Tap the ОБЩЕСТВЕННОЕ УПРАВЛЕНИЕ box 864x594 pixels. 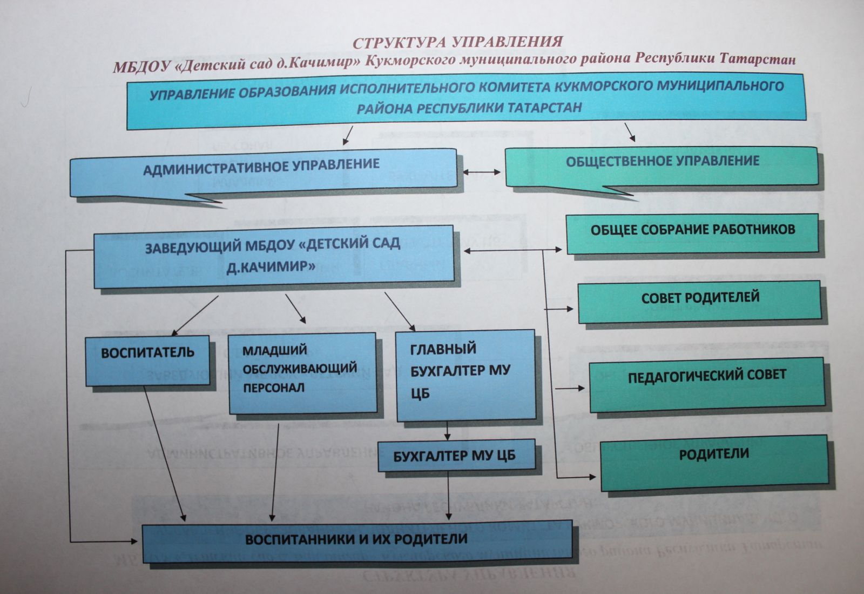662,165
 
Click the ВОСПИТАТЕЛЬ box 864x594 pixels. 147,360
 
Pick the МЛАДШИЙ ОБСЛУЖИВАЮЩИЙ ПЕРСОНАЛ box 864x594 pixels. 302,372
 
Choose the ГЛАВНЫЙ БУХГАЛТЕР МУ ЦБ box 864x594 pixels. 465,376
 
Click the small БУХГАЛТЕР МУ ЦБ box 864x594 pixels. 456,455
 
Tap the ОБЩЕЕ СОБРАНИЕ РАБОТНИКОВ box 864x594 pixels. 692,233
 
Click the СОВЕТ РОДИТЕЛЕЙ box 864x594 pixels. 700,301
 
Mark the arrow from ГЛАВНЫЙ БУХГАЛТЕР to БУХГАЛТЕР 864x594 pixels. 447,431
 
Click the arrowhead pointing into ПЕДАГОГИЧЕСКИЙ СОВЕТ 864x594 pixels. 581,388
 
